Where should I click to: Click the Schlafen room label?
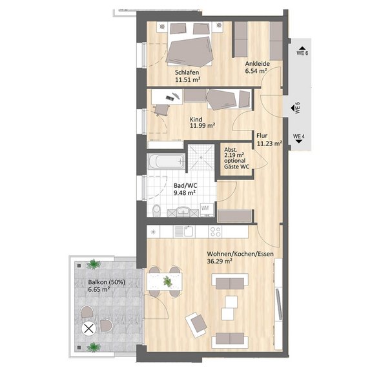[187, 72]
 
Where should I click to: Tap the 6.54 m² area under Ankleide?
[256, 71]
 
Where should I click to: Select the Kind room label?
[196, 119]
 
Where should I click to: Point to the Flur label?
[262, 136]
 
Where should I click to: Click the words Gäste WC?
[237, 167]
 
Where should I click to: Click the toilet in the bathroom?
[156, 211]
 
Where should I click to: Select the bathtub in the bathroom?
[166, 161]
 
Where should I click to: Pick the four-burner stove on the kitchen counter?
[215, 232]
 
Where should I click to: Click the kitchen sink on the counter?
[185, 232]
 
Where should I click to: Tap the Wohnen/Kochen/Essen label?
[240, 254]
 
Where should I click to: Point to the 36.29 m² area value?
[220, 261]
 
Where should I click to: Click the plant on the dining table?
[168, 282]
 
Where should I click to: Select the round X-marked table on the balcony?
[88, 329]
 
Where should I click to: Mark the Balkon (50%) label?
[107, 282]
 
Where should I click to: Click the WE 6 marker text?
[302, 53]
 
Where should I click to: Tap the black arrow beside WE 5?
[293, 108]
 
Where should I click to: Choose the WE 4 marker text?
[299, 136]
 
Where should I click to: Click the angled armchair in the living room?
[196, 325]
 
